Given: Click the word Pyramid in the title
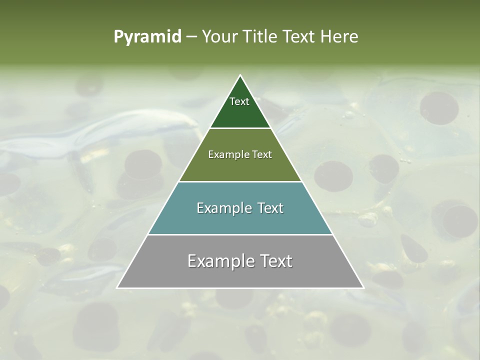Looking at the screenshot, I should pyautogui.click(x=147, y=37).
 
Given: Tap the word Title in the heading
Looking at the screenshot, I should pyautogui.click(x=261, y=37).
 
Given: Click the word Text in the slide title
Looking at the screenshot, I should pyautogui.click(x=299, y=37).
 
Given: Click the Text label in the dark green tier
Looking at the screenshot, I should pyautogui.click(x=239, y=101).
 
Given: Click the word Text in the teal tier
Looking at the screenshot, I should pyautogui.click(x=270, y=208).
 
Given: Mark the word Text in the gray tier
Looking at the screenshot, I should pyautogui.click(x=275, y=261).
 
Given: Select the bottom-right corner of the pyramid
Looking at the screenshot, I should pyautogui.click(x=363, y=287).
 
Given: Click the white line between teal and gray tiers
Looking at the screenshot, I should pyautogui.click(x=240, y=234).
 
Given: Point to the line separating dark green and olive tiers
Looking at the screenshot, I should pyautogui.click(x=240, y=128).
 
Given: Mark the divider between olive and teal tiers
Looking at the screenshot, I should pyautogui.click(x=240, y=181).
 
